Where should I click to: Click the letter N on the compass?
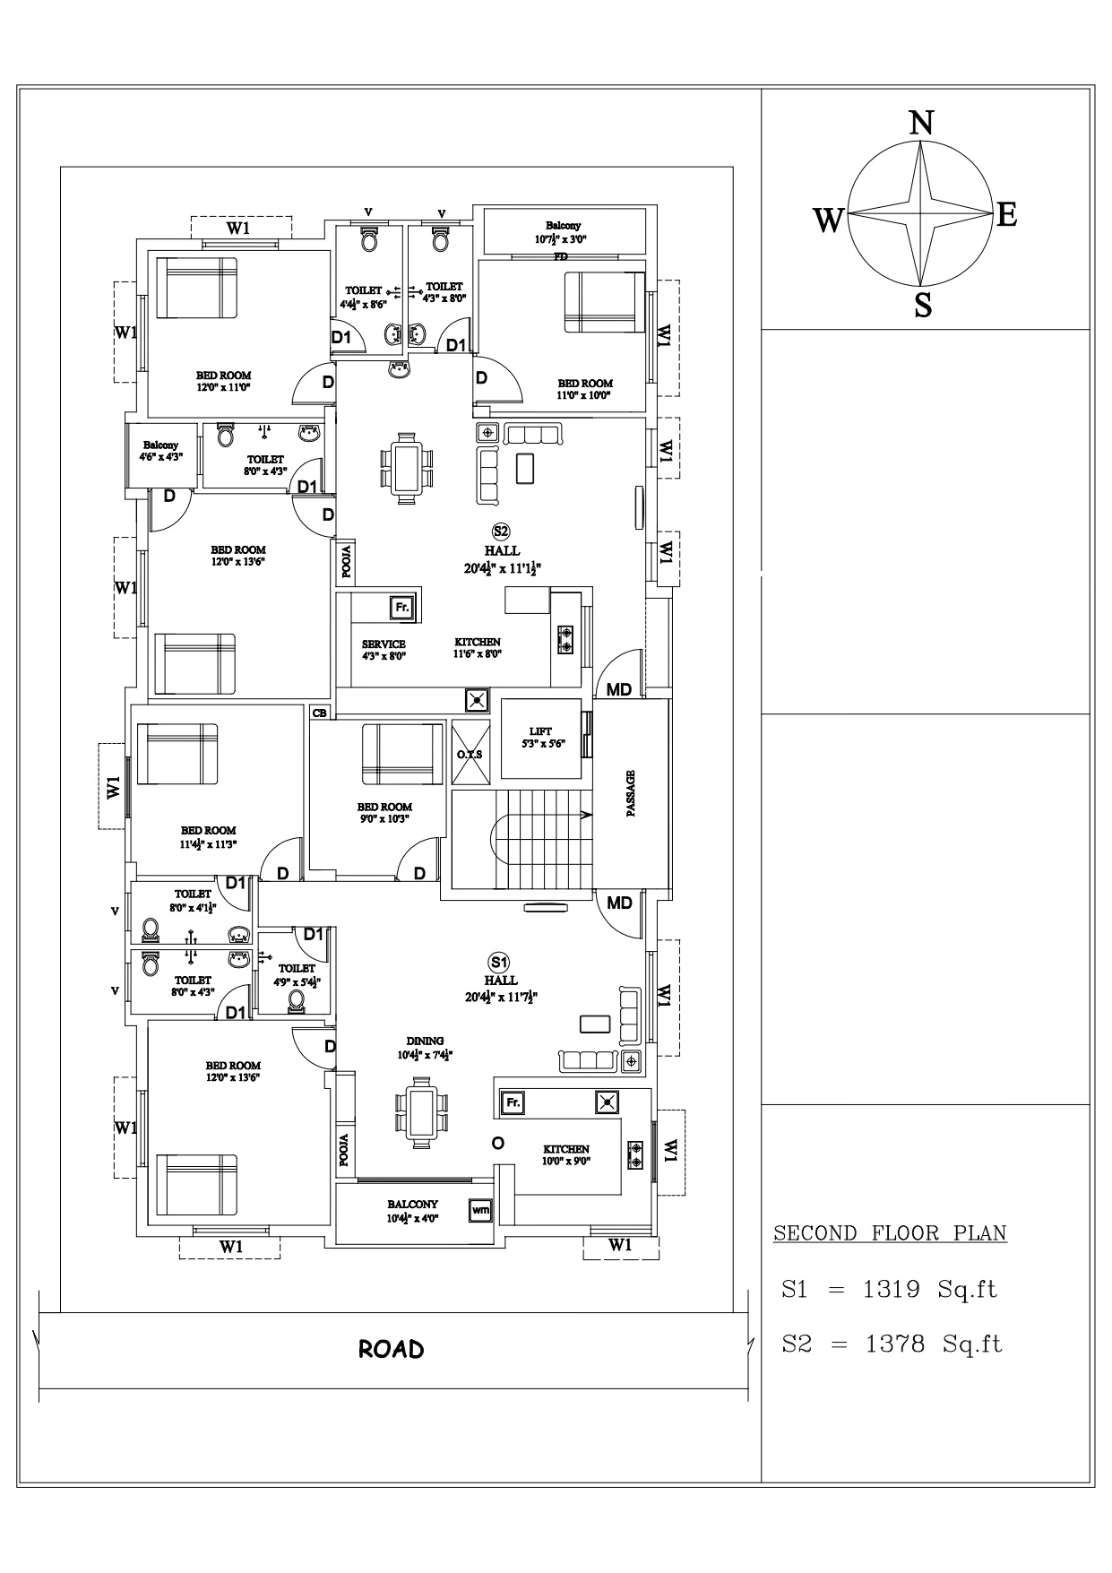pos(921,122)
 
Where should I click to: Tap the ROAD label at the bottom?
pos(392,1349)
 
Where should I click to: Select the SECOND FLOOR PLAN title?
pos(890,1233)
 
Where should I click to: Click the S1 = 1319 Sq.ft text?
pos(889,1290)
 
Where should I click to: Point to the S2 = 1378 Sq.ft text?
pos(892,1344)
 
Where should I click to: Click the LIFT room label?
pos(540,730)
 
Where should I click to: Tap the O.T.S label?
pos(470,754)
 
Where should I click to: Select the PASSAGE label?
pos(631,793)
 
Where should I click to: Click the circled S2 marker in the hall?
pos(501,531)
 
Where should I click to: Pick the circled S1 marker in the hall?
pos(500,962)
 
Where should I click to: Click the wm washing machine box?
pos(481,1210)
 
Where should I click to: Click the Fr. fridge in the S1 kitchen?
pos(513,1102)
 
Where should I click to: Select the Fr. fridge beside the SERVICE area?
pos(402,607)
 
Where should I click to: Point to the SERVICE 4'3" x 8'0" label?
pos(384,649)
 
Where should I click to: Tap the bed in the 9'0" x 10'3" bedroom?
pos(402,755)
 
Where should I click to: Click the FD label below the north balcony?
pos(561,256)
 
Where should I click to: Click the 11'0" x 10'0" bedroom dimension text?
pos(583,395)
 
